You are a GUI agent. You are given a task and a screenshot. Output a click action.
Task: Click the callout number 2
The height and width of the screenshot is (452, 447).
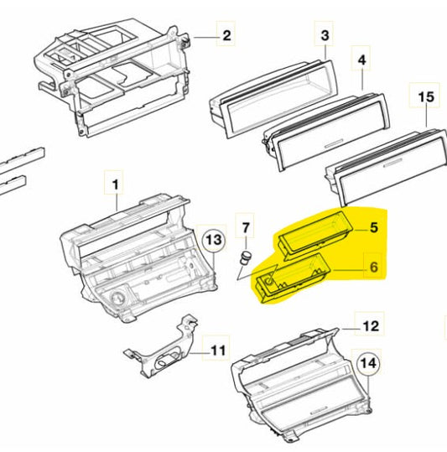226,36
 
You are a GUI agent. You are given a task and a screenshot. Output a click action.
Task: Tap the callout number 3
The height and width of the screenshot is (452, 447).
325,35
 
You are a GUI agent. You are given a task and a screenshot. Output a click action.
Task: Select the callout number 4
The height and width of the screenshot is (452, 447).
361,60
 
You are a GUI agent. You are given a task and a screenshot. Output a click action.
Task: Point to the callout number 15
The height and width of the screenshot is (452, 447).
426,96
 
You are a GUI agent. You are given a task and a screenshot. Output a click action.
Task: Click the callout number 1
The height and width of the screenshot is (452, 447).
115,184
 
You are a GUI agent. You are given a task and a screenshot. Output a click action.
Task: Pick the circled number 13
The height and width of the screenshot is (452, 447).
214,240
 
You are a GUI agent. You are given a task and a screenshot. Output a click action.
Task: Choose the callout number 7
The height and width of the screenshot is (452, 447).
245,228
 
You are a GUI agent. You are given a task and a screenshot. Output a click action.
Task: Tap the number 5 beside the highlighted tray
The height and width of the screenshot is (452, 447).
374,227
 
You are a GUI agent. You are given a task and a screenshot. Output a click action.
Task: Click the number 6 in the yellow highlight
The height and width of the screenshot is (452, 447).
374,267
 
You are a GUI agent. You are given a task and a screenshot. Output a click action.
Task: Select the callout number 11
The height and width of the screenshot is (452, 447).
218,351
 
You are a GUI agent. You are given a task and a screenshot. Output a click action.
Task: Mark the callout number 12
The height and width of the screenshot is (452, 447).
371,326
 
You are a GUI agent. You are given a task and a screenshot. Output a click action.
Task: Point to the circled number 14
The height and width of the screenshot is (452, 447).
369,363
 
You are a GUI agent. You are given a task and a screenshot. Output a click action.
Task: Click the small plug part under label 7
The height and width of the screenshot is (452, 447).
245,257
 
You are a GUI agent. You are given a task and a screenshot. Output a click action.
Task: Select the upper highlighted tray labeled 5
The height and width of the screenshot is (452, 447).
314,233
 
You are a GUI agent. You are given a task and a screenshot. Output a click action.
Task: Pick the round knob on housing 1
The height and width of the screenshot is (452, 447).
117,299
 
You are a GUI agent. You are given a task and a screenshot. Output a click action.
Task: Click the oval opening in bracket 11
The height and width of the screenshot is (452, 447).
167,359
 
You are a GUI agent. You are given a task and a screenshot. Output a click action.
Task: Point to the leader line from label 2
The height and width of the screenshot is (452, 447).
205,37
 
